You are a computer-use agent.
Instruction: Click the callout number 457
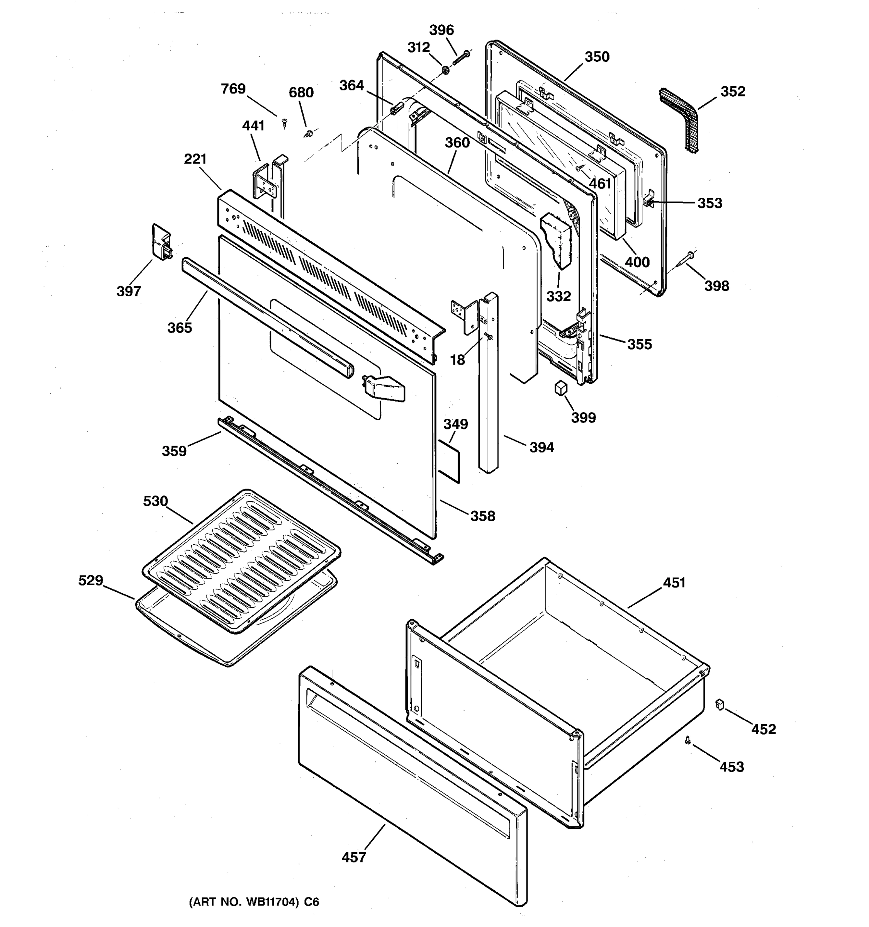point(353,857)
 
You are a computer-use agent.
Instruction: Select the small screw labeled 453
point(687,740)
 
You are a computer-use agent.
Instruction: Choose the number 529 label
point(90,581)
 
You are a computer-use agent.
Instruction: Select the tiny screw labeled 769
point(284,122)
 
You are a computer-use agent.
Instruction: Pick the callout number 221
point(195,159)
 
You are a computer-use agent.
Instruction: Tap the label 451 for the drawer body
point(674,582)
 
